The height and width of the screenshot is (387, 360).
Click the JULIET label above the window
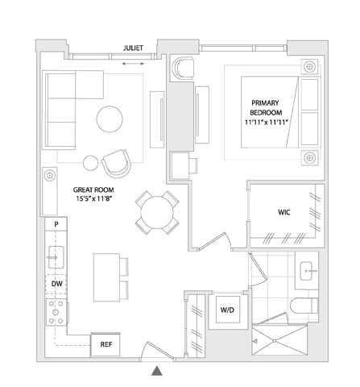coord(133,48)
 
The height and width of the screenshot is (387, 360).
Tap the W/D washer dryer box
coord(228,310)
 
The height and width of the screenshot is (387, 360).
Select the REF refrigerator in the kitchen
coord(106,344)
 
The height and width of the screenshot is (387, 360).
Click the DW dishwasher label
coord(56,284)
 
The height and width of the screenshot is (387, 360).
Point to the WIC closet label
coord(284,212)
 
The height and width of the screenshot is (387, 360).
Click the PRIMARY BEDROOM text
coord(266,107)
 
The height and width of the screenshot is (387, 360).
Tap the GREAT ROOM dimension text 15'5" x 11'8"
coord(93,199)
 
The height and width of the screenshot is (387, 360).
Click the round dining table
coord(157,212)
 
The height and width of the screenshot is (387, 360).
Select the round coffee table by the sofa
coord(110,119)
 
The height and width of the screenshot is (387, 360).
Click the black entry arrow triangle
coord(157,371)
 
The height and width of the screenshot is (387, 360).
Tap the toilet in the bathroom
coord(304,306)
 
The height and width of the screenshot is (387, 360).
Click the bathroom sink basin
coord(306,271)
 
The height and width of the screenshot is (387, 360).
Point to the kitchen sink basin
coord(56,257)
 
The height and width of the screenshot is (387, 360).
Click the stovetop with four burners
coord(56,312)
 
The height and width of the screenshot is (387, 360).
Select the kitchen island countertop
coord(106,277)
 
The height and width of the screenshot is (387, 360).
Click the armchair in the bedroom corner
coord(184,69)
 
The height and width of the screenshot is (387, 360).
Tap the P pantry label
coord(56,224)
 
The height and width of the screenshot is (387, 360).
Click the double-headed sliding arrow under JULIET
coord(133,64)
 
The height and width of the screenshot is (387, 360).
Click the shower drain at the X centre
coord(275,341)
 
